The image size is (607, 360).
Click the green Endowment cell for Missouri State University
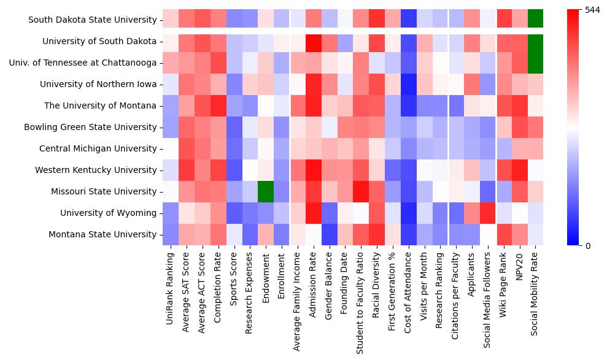pos(266,191)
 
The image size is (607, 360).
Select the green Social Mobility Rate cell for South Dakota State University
pos(536,20)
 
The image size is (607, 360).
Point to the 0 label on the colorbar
pos(587,246)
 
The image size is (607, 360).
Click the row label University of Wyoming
pos(108,213)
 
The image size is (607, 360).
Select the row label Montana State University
pos(102,234)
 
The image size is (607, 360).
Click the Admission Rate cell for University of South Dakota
pos(314,41)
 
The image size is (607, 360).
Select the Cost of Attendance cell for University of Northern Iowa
pos(408,84)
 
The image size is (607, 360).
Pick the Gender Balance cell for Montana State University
pos(330,234)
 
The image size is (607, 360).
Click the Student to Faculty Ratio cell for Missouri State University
pos(361,191)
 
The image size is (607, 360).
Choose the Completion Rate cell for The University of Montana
pos(218,105)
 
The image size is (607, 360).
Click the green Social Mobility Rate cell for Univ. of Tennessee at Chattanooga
pos(536,63)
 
